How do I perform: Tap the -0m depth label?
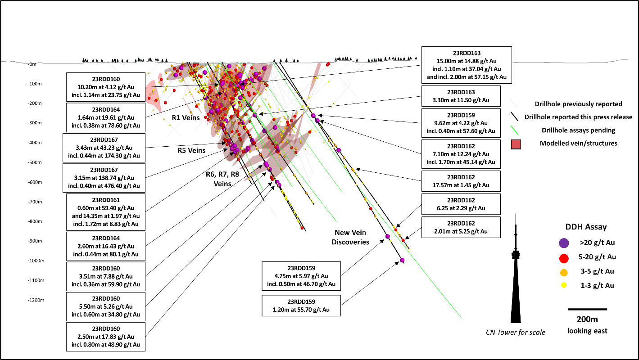[x=32, y=64]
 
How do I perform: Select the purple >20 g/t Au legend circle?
[x=563, y=243]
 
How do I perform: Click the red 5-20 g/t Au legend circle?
[x=563, y=257]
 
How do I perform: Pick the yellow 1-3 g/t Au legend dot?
[x=563, y=286]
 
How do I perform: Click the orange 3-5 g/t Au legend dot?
[x=563, y=272]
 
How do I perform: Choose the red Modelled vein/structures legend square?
[x=517, y=144]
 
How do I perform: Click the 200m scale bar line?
[x=587, y=310]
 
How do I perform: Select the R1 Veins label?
[x=186, y=118]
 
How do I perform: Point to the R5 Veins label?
[x=191, y=151]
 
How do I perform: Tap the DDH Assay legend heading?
[x=586, y=227]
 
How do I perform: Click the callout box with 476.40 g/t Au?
[x=104, y=178]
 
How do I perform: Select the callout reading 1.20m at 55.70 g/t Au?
[x=301, y=306]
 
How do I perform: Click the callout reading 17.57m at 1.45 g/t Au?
[x=461, y=181]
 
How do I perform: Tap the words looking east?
[x=587, y=331]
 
